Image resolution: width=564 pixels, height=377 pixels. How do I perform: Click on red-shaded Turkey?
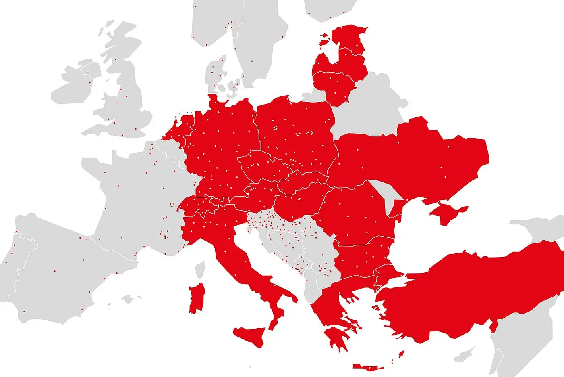[475, 291]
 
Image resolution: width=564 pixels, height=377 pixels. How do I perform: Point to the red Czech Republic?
[262, 165]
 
